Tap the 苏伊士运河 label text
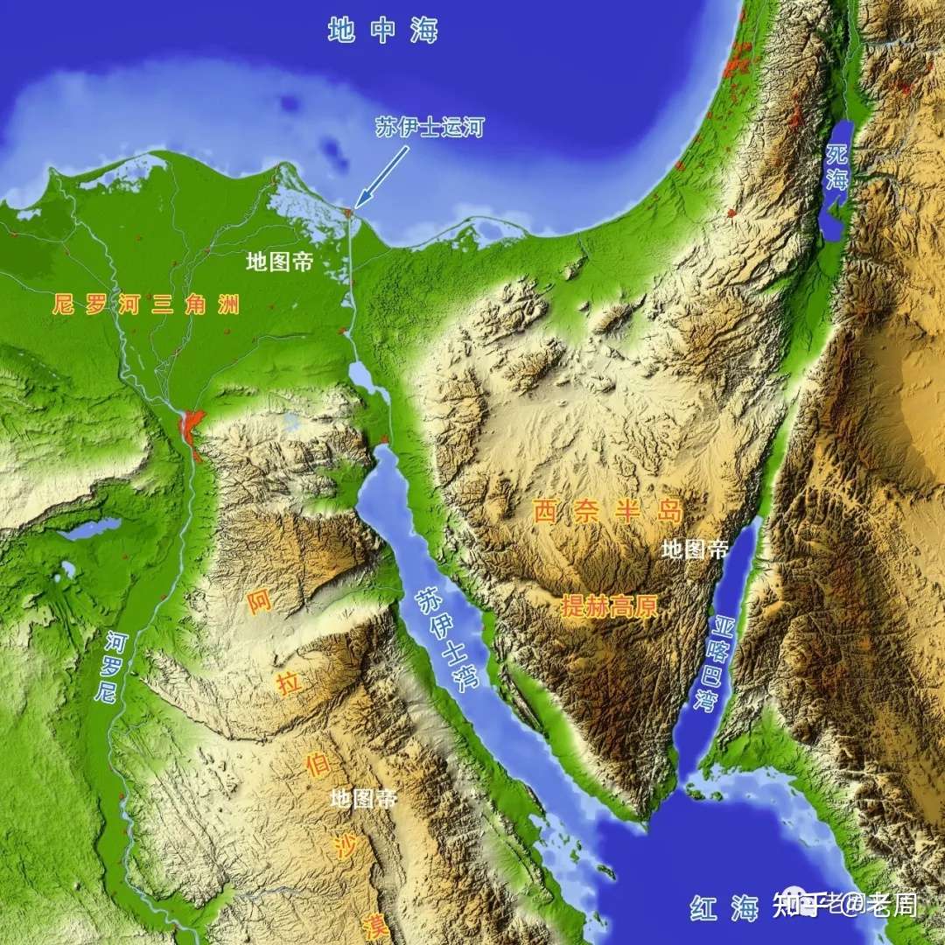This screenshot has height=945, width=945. pyautogui.click(x=429, y=127)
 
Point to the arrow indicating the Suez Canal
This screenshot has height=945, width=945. pyautogui.click(x=382, y=174)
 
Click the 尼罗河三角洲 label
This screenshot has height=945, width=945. pyautogui.click(x=145, y=305)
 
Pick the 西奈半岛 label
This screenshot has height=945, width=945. pyautogui.click(x=609, y=511)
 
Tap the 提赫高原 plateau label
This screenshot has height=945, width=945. pyautogui.click(x=609, y=606)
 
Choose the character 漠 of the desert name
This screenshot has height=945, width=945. pyautogui.click(x=376, y=926)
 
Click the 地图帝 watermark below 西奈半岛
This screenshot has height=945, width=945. pyautogui.click(x=695, y=549)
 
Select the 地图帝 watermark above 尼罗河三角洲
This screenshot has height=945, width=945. pyautogui.click(x=279, y=262)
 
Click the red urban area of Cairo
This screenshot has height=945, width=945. pyautogui.click(x=190, y=428)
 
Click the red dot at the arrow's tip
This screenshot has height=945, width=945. pyautogui.click(x=349, y=212)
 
